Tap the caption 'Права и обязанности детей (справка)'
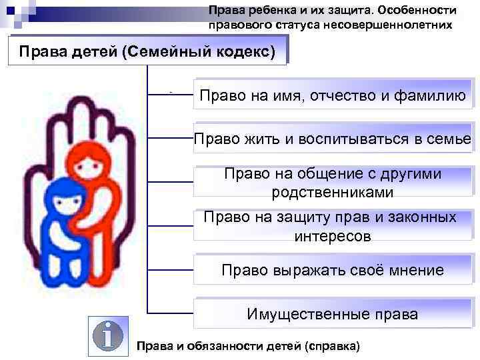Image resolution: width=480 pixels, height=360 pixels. (247, 347)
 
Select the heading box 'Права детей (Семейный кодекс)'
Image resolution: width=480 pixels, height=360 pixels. (147, 51)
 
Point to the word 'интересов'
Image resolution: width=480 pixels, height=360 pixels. (332, 236)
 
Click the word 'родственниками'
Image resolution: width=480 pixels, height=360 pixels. (332, 192)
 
